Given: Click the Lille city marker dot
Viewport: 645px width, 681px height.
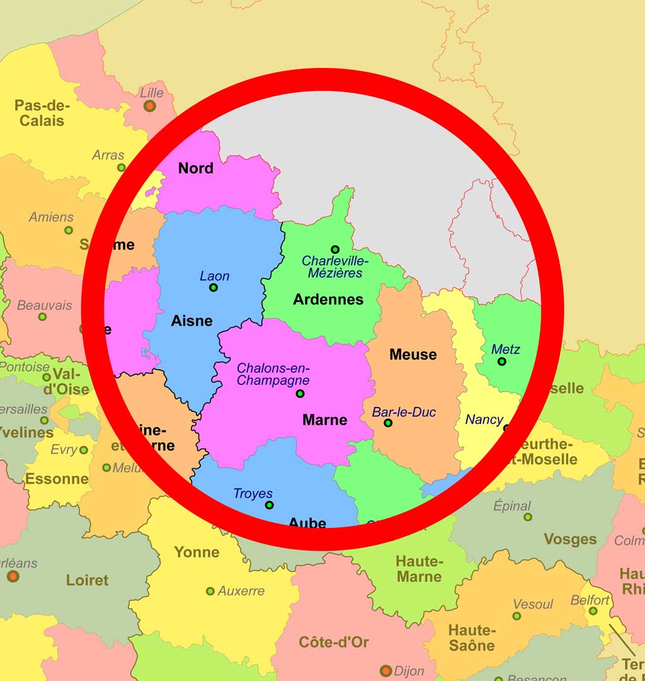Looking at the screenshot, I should point(149,106).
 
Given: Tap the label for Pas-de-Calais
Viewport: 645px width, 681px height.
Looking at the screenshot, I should point(42,113).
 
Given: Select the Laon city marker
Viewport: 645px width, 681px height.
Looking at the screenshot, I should point(214,287).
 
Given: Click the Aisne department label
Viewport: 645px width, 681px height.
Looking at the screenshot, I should point(191,321).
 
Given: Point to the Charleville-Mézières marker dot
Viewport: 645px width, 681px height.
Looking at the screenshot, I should point(335,249).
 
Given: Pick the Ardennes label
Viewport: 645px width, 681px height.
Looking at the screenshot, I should point(328,299).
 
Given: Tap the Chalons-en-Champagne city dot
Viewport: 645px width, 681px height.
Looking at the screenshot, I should point(300,394).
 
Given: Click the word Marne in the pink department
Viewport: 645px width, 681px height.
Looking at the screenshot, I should point(325,420).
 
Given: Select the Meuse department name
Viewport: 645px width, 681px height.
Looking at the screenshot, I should point(413,354).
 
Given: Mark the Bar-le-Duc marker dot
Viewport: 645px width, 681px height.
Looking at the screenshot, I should point(388,423).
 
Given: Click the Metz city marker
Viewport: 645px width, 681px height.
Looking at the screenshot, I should point(501,362).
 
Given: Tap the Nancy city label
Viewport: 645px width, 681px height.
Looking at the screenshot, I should point(484,420).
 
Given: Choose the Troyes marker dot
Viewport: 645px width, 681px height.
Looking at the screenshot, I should point(270,505).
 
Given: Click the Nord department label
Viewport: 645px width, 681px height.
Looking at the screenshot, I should point(196,168).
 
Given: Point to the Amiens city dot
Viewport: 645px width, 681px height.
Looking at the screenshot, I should point(69,230).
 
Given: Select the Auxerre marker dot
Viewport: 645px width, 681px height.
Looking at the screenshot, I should point(210,591).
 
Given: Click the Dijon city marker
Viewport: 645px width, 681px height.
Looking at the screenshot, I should point(386,670).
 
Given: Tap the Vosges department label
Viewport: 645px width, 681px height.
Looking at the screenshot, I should point(570,539).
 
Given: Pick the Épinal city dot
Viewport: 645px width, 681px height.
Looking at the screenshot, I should point(528,517).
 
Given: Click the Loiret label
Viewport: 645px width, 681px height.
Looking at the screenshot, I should point(87,580).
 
